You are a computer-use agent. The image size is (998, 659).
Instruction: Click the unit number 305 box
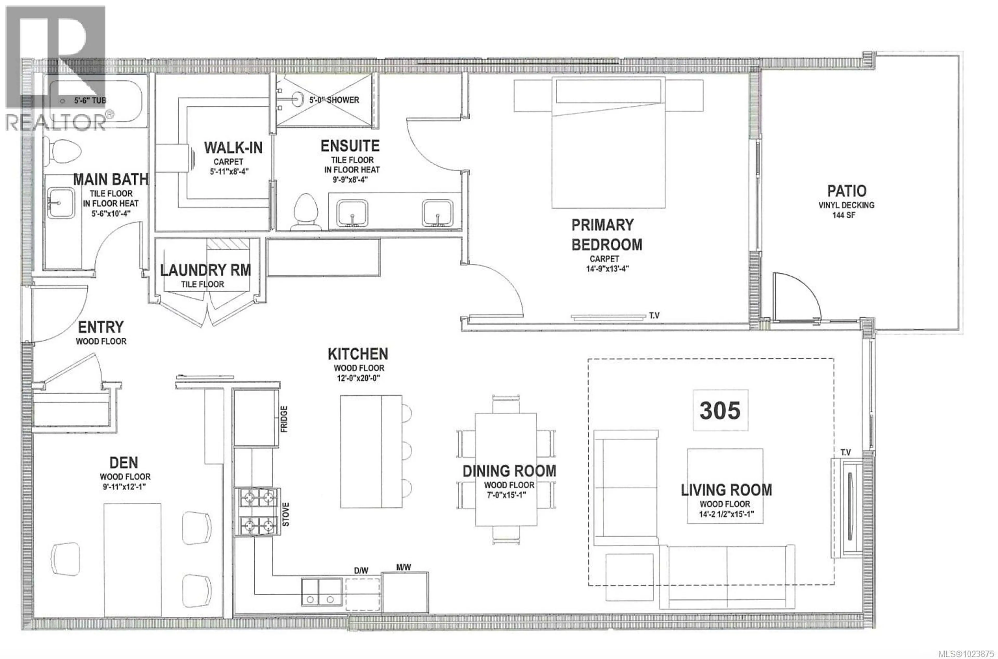click(720, 410)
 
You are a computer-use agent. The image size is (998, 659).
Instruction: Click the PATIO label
click(846, 191)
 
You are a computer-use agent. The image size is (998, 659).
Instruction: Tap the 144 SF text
click(844, 215)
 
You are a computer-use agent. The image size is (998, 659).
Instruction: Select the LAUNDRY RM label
click(206, 270)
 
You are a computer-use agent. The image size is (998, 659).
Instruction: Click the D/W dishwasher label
click(361, 570)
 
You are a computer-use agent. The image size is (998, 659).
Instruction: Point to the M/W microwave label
click(403, 567)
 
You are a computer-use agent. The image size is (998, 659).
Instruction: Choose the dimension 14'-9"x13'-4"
click(607, 269)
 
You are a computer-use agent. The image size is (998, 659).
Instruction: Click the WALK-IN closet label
click(233, 148)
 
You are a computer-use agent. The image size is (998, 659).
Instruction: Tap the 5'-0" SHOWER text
click(334, 100)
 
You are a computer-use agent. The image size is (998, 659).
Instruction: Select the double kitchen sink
click(321, 592)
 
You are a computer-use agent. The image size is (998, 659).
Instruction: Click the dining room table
click(505, 469)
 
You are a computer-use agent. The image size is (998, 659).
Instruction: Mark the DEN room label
click(123, 463)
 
